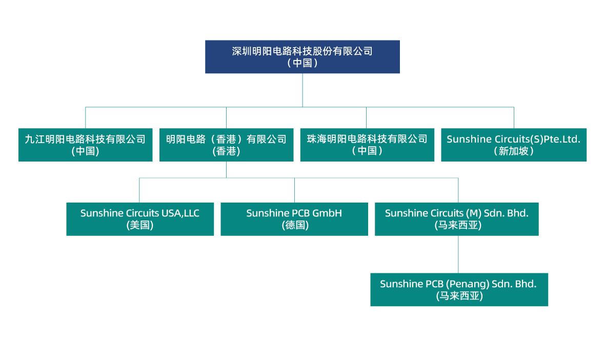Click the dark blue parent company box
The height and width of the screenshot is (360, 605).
point(302,56)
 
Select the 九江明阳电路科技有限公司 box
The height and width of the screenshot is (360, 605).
point(85,145)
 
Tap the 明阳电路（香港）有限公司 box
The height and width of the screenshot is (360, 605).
point(226,145)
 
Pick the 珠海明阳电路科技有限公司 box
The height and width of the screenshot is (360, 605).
point(367,145)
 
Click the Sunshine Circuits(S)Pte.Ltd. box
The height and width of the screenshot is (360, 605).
point(513,145)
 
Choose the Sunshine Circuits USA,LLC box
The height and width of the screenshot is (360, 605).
point(140,219)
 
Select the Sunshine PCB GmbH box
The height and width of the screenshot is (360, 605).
point(294,219)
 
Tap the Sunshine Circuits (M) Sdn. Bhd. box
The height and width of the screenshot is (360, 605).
point(456,219)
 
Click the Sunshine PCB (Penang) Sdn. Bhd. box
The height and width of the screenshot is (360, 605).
point(459,289)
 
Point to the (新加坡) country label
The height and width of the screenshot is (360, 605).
point(513,151)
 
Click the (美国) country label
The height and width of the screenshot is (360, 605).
point(140,225)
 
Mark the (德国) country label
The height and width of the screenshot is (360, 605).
point(294,225)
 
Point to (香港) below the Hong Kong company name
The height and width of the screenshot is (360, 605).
point(226,151)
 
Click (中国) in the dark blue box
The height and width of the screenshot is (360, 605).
point(302,63)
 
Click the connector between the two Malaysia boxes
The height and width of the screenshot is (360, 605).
point(458,254)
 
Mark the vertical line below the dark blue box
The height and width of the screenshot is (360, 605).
point(302,90)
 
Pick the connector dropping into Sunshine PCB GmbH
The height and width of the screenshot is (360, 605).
point(294,190)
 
